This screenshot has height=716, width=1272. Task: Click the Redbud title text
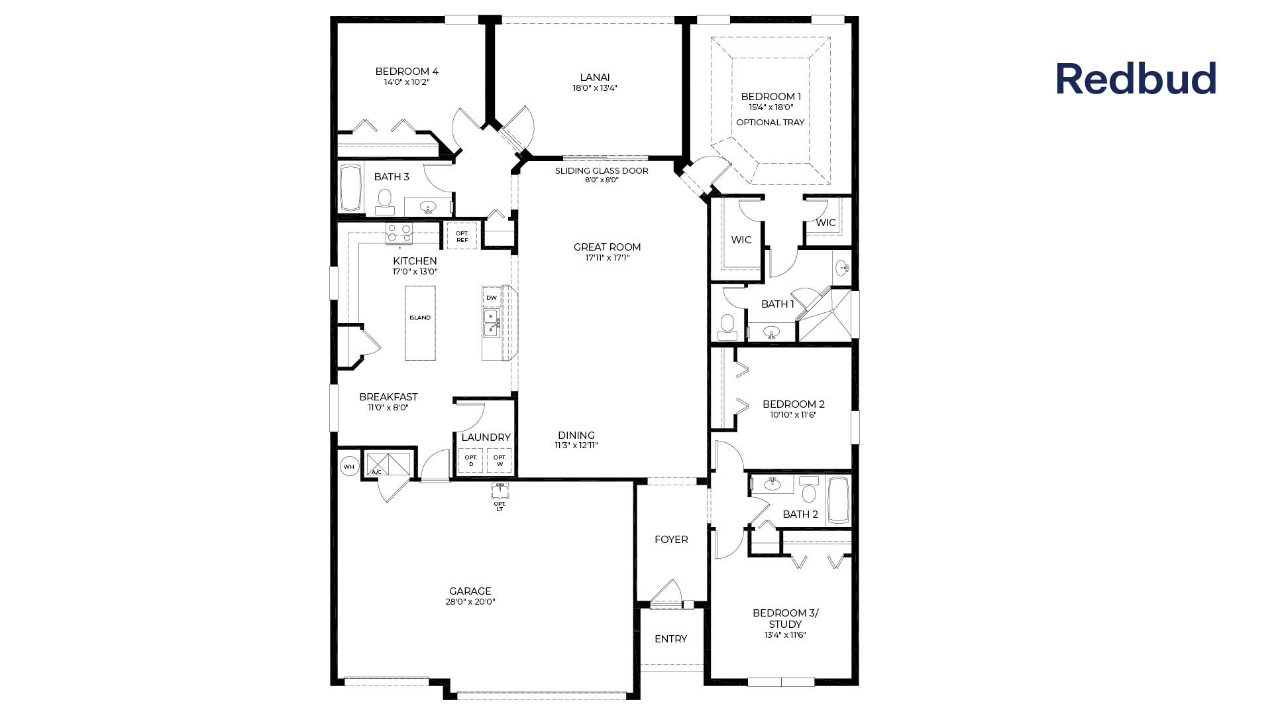1136,79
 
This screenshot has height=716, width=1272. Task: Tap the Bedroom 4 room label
407,72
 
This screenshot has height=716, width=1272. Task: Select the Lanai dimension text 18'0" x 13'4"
595,88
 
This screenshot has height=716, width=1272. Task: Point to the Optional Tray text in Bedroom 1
770,123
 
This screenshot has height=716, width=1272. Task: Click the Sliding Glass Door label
602,171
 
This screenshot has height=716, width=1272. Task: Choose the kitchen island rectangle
420,323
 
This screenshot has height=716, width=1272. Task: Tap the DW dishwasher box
492,298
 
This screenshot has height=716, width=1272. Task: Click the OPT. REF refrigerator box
462,237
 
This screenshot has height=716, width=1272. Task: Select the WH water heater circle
349,467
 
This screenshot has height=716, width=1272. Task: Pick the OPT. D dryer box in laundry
471,461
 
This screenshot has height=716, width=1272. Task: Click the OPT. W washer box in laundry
500,461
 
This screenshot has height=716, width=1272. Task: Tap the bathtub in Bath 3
350,188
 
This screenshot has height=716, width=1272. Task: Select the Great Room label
607,247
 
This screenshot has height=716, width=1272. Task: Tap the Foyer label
671,540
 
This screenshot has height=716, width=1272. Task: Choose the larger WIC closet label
741,240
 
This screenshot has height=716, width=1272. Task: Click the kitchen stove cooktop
399,233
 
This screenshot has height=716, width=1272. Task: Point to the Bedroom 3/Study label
785,619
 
